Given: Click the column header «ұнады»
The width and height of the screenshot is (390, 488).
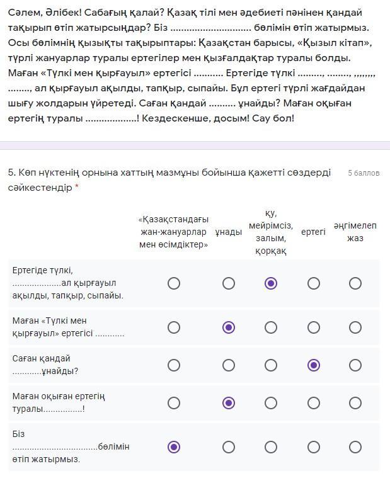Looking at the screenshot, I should (228, 232).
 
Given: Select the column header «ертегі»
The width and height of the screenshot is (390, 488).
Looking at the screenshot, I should (313, 232).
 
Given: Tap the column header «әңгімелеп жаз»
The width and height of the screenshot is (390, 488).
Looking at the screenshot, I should (355, 232).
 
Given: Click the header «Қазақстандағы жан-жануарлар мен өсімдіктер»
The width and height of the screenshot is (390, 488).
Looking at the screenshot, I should (173, 232).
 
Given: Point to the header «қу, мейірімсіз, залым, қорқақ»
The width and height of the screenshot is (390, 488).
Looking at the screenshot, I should (271, 232).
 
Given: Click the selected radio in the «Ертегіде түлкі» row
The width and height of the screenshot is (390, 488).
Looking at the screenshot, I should (271, 283).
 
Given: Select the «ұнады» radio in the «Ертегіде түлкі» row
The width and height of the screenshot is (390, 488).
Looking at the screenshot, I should (229, 283).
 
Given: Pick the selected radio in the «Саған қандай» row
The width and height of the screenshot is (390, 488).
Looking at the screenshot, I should (313, 365).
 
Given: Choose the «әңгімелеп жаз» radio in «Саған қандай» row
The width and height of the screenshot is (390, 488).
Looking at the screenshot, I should (355, 365).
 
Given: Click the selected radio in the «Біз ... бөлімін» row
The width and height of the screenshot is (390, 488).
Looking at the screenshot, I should (174, 447).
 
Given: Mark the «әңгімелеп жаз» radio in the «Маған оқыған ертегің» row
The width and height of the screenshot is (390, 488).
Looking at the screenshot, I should (355, 403).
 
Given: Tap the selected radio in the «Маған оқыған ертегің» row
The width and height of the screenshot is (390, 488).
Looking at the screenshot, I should (229, 403).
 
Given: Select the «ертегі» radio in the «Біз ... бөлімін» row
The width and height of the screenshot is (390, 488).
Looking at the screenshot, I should (313, 447).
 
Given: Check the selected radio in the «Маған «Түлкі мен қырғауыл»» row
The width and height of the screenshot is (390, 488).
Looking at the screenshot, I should (229, 327).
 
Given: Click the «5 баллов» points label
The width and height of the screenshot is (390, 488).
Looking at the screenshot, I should (364, 173).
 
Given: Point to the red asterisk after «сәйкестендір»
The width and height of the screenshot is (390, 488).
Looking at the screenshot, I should (77, 188).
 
